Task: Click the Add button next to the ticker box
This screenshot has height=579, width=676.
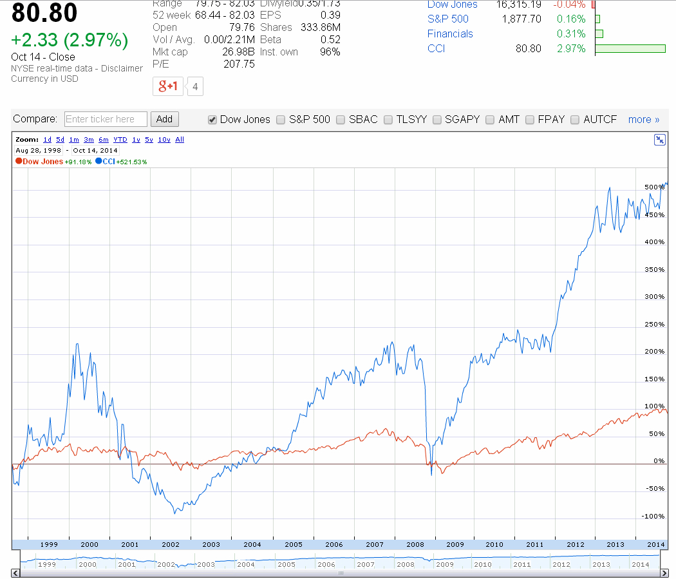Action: point(164,119)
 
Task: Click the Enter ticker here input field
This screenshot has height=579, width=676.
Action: point(106,119)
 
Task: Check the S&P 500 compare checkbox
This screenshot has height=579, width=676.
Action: point(281,120)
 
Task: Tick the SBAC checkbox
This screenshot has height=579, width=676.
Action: point(341,120)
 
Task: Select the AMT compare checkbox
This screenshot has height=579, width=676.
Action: point(490,120)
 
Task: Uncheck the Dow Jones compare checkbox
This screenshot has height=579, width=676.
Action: point(212,120)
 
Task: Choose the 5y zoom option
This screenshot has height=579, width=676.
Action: point(149,139)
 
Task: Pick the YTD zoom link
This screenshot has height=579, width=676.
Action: point(120,139)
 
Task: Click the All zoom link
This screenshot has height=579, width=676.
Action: point(180,139)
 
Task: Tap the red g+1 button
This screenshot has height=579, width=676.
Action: point(168,86)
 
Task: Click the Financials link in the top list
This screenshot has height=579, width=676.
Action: point(450,33)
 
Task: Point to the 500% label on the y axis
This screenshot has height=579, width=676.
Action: point(653,187)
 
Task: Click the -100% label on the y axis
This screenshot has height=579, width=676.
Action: point(652,516)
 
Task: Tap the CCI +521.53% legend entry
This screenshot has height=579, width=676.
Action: point(122,162)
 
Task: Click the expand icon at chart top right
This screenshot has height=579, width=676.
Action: point(659,140)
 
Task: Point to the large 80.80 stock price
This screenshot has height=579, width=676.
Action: point(44,13)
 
